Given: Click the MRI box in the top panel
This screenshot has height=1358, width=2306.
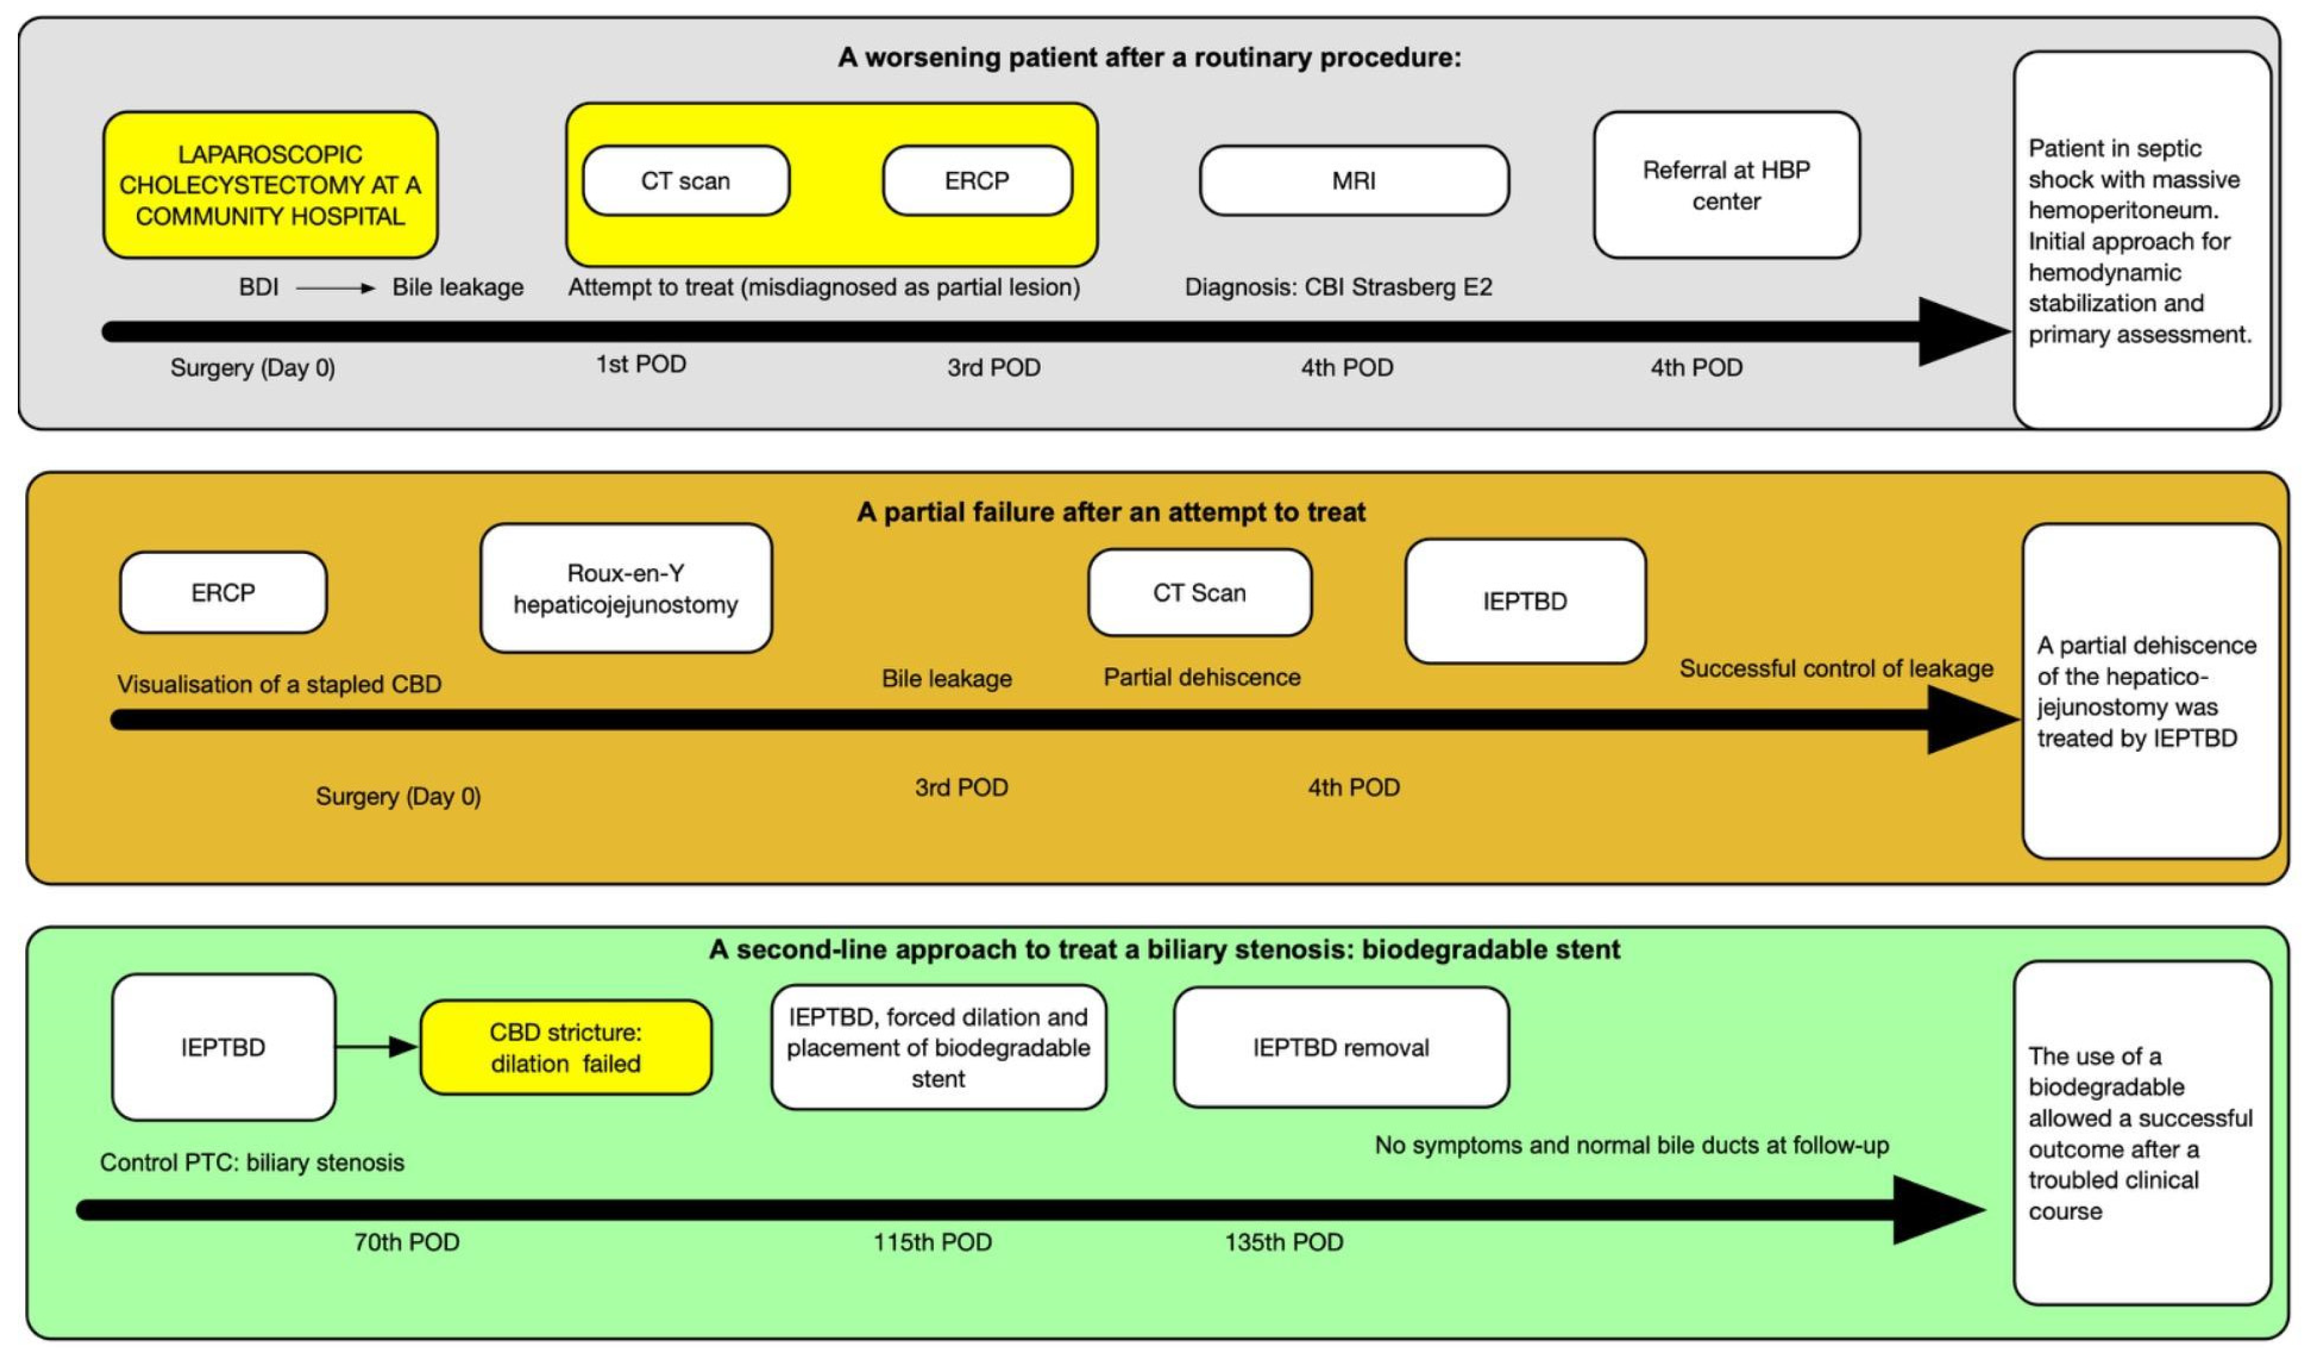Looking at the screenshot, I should (x=1354, y=181).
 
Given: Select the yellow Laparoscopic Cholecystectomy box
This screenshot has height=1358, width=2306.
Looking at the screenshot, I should (x=270, y=185).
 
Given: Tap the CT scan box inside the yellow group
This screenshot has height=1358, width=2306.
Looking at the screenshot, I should (x=685, y=181).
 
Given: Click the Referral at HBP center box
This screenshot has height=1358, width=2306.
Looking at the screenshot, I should (x=1726, y=185).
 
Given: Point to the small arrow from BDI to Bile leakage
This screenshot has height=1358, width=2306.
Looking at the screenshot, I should (x=335, y=288).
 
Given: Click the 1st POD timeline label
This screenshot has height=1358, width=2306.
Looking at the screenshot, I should (x=641, y=364).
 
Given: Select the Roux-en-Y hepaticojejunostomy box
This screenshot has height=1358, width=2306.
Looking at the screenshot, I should (x=626, y=588).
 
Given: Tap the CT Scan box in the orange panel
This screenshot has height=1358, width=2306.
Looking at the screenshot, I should (x=1199, y=593).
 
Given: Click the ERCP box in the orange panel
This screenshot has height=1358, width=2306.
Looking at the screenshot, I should (x=224, y=593).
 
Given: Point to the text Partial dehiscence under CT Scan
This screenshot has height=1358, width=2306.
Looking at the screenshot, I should (x=1202, y=677).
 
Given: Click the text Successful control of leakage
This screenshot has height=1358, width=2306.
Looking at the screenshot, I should (x=1836, y=669).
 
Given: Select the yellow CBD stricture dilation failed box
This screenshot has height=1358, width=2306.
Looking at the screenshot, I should (x=565, y=1048).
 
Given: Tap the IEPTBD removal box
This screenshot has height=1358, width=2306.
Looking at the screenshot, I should (x=1340, y=1048).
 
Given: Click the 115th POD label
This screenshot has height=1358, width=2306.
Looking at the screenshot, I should (x=932, y=1243).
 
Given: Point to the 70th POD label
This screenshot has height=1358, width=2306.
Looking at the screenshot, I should (x=406, y=1243).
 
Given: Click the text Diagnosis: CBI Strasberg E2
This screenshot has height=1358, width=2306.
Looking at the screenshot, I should (x=1338, y=288).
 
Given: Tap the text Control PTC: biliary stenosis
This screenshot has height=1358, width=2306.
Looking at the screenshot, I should (x=252, y=1162).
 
